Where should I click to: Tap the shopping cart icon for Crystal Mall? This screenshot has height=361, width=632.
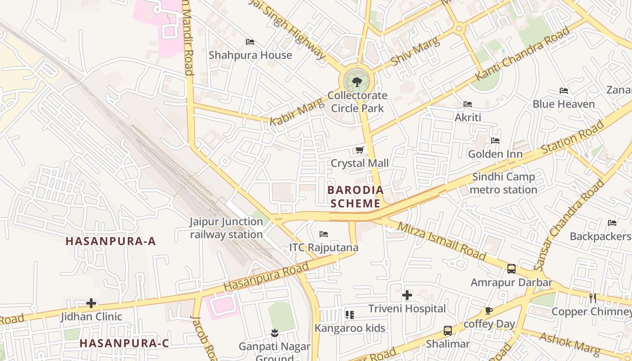[360, 150]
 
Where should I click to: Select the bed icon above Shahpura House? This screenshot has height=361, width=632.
[250, 42]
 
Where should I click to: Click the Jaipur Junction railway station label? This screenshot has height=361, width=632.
[226, 228]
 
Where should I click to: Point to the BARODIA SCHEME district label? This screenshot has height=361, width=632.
[355, 196]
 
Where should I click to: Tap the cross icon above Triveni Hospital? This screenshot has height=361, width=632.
[407, 295]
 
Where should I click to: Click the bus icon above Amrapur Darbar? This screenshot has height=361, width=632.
[511, 269]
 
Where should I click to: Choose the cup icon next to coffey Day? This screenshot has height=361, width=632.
[488, 310]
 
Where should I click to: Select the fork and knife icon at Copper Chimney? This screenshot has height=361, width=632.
[592, 298]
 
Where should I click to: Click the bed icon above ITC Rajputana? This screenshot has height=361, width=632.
[324, 234]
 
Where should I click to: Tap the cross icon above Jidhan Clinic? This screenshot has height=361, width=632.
[91, 303]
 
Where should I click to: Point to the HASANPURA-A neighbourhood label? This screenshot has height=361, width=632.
[111, 241]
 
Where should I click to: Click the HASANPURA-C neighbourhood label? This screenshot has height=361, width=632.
[124, 343]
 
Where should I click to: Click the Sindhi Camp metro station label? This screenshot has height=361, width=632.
[503, 183]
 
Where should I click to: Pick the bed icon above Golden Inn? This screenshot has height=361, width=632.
[495, 140]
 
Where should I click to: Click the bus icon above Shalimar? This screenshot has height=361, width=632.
[448, 331]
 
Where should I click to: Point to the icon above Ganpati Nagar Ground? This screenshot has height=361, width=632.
[274, 333]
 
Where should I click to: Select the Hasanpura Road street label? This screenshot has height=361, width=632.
[266, 276]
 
